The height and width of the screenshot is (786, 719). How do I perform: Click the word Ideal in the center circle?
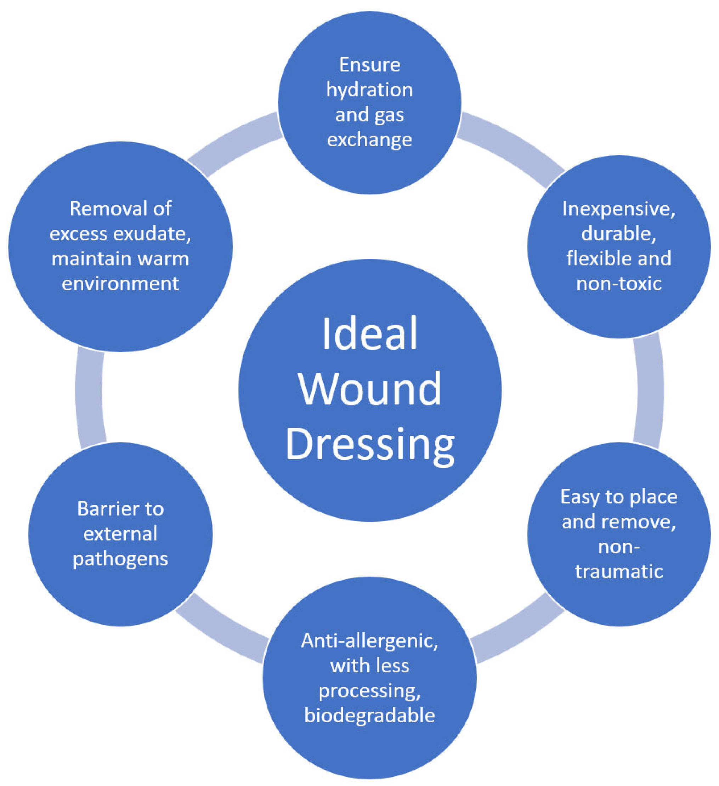(x=369, y=334)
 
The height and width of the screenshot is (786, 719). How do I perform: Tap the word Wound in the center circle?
(x=369, y=389)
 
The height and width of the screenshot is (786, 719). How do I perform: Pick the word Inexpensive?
(x=618, y=209)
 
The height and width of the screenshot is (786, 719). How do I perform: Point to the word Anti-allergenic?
(x=369, y=641)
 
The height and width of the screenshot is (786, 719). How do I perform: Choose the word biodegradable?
(x=369, y=716)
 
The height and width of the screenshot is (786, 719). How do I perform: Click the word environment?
(x=120, y=284)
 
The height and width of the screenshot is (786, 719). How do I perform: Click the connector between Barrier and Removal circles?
(x=90, y=398)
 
